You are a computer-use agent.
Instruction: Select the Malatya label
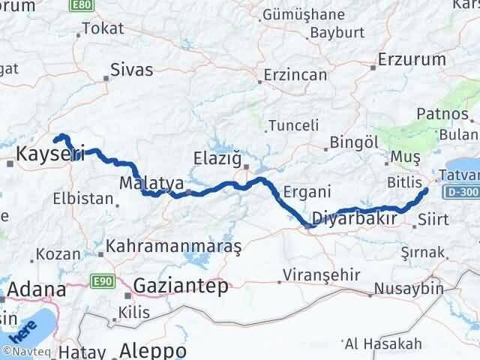click(x=151, y=182)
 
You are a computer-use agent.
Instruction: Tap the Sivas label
click(x=131, y=70)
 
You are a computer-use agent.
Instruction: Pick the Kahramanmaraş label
click(x=173, y=246)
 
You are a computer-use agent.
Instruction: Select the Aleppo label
click(x=153, y=350)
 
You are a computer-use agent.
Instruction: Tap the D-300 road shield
click(x=460, y=193)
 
